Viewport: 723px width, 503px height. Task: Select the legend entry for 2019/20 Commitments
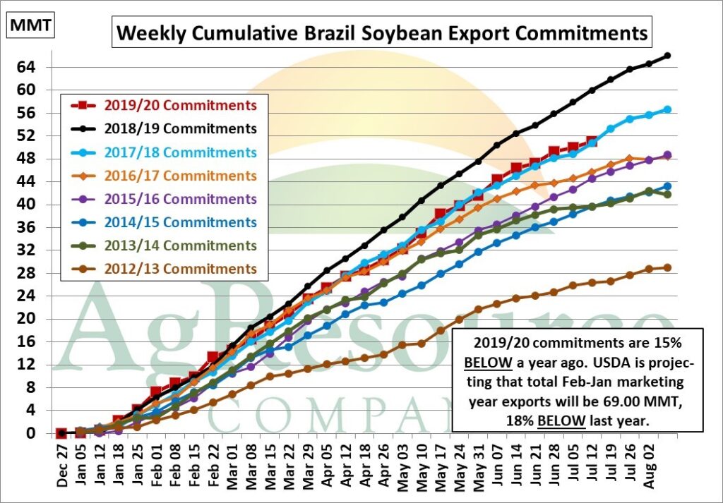[x=164, y=105]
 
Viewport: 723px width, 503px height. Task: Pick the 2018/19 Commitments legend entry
[x=164, y=128]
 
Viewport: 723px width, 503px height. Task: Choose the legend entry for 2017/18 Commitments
[x=164, y=152]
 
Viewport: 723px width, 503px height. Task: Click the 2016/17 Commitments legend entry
[x=164, y=175]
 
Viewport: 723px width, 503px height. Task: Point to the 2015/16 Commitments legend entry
[x=164, y=199]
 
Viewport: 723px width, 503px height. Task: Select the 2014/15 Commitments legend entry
[x=164, y=222]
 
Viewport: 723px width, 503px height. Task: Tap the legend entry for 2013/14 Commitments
[x=164, y=246]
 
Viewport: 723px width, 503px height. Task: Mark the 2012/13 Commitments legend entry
[x=164, y=269]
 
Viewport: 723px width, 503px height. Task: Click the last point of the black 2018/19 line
[x=668, y=55]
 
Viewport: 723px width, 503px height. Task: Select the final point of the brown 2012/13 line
[x=667, y=267]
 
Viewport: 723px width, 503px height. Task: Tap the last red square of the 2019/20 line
[x=592, y=142]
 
